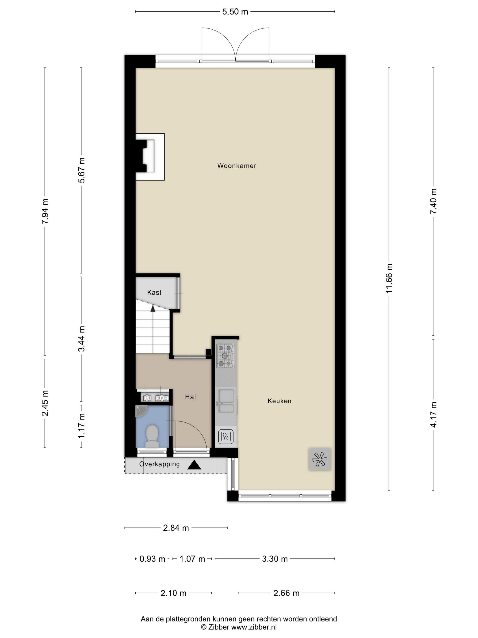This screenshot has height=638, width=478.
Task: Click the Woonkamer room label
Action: [x=236, y=166]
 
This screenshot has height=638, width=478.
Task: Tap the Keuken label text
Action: [x=279, y=401]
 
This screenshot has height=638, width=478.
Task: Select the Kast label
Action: [x=154, y=293]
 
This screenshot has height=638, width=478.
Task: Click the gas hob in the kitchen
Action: [x=225, y=356]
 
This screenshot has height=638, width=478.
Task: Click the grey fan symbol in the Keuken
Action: [x=320, y=459]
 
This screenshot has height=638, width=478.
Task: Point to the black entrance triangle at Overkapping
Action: [x=194, y=465]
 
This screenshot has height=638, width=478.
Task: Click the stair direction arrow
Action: [x=153, y=309]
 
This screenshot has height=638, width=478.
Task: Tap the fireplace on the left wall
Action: [x=150, y=157]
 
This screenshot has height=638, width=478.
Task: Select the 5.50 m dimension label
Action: [x=235, y=12]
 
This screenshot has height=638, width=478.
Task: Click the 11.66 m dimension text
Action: [x=389, y=278]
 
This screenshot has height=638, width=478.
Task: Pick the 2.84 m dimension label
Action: [x=176, y=528]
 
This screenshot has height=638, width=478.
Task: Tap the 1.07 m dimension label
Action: [x=192, y=559]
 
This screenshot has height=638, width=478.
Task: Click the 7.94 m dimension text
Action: [x=45, y=211]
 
